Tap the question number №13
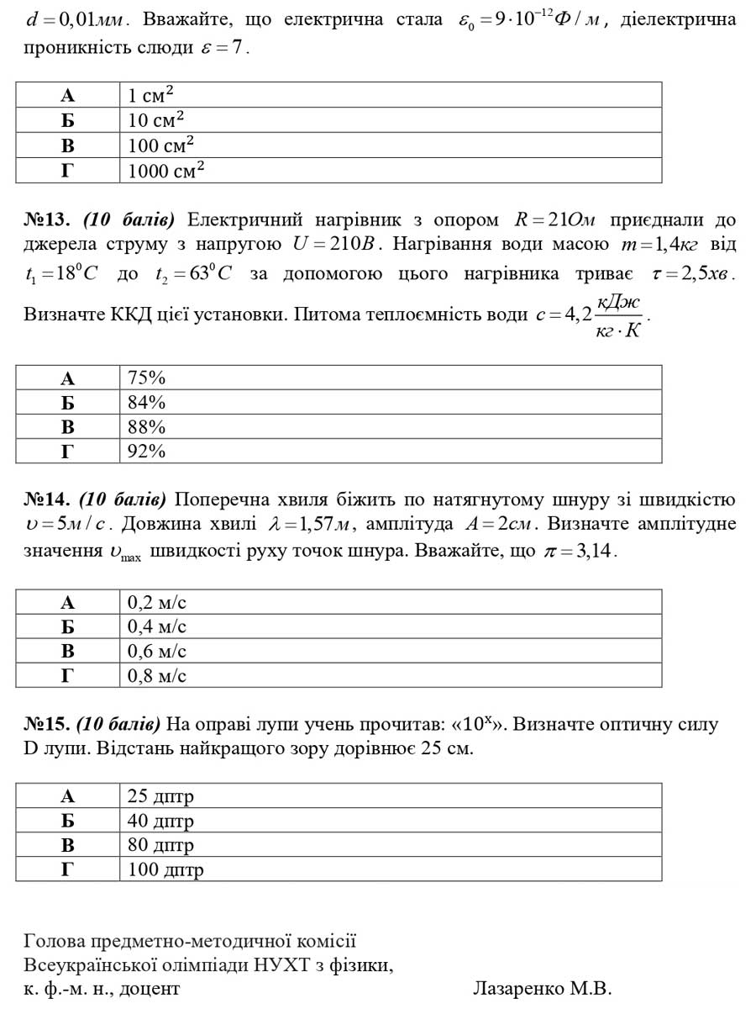[x=47, y=220]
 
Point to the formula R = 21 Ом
[x=554, y=220]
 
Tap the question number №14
[x=47, y=500]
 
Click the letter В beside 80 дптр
[x=68, y=845]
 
